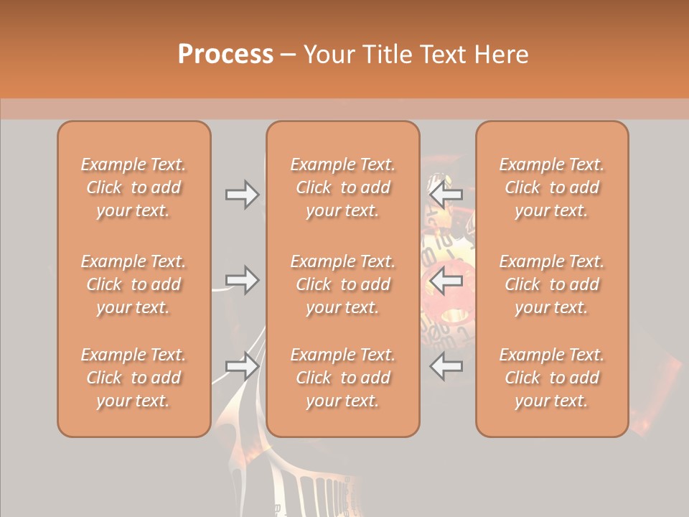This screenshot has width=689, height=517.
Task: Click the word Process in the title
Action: point(225,55)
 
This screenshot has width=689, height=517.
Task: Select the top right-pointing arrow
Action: point(243,195)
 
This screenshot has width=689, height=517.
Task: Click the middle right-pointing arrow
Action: point(243,280)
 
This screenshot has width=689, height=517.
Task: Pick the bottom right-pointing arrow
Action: point(243,366)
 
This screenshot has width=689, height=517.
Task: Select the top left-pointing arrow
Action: point(446,195)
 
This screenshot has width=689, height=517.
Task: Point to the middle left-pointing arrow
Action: point(446,280)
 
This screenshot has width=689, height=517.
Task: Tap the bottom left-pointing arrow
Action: point(446,366)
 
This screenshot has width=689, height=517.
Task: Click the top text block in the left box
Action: point(133,187)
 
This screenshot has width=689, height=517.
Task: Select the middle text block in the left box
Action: point(133,284)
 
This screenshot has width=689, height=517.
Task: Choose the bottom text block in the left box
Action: point(133,378)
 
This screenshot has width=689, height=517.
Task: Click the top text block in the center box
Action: point(342,187)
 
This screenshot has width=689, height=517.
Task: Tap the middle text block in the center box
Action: point(342,284)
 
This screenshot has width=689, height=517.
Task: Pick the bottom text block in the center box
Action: point(342,378)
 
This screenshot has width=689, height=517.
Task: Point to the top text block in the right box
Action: point(552,187)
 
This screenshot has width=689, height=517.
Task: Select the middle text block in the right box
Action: point(552,284)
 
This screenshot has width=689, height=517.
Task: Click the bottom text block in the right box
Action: point(552,378)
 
